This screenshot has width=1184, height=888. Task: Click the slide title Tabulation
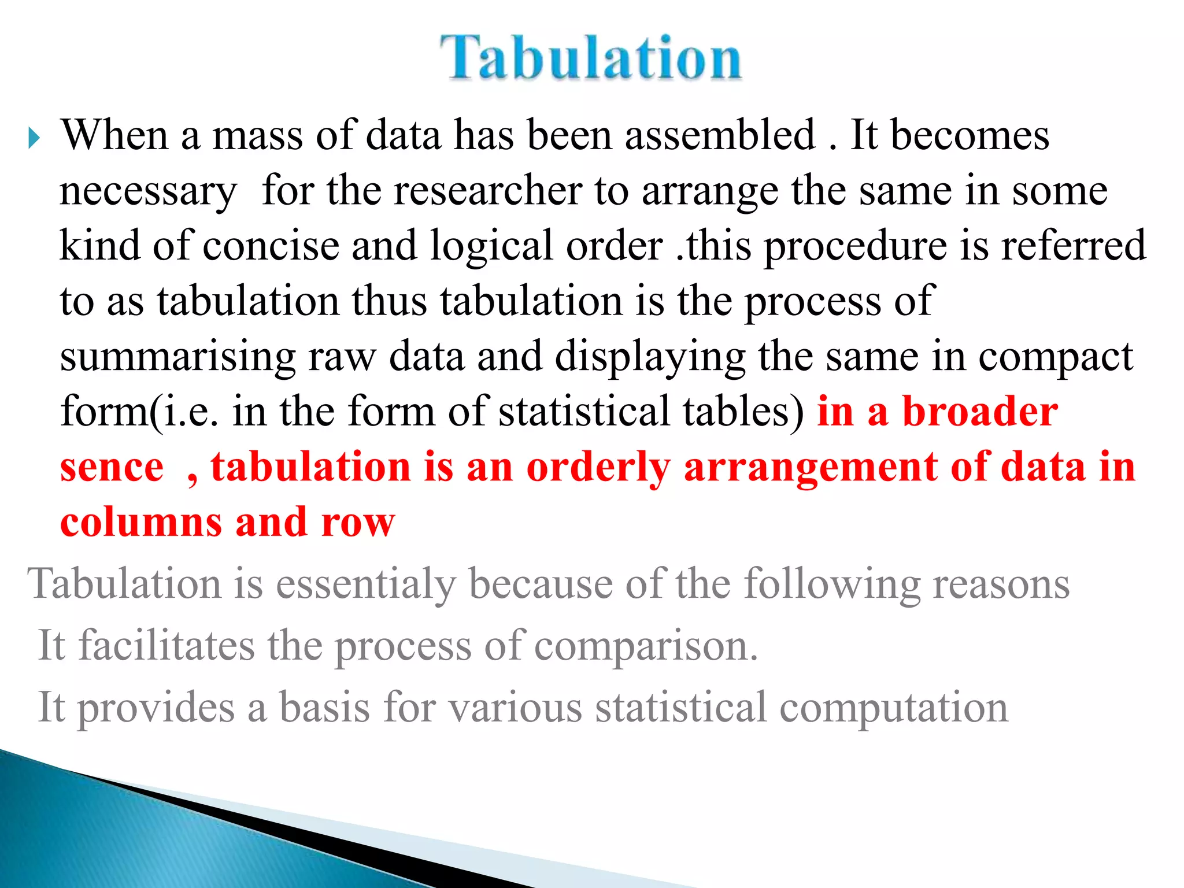point(591,58)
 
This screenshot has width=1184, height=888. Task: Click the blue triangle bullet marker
point(34,139)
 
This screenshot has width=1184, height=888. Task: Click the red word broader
point(980,412)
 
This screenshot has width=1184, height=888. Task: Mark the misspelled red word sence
point(112,468)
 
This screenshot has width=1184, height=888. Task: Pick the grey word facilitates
point(166,646)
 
